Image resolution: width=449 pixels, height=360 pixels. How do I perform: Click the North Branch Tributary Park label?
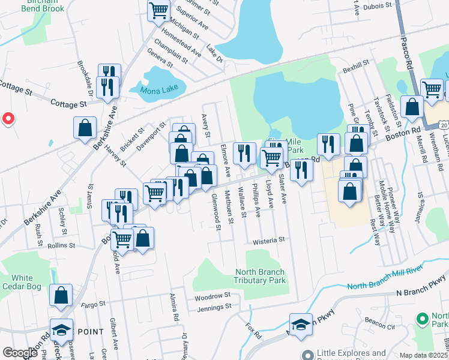click(x=260, y=276)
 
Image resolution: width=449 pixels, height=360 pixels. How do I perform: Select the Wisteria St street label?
click(x=268, y=239)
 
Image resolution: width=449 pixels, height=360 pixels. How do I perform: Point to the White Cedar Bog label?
click(x=22, y=282)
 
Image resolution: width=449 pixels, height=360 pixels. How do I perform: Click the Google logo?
click(x=20, y=352)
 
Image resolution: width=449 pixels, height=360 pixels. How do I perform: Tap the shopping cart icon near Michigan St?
click(x=159, y=10)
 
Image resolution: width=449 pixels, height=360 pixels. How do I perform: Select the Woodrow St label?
click(x=212, y=296)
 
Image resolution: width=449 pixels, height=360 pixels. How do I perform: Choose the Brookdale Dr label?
click(x=83, y=79)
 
